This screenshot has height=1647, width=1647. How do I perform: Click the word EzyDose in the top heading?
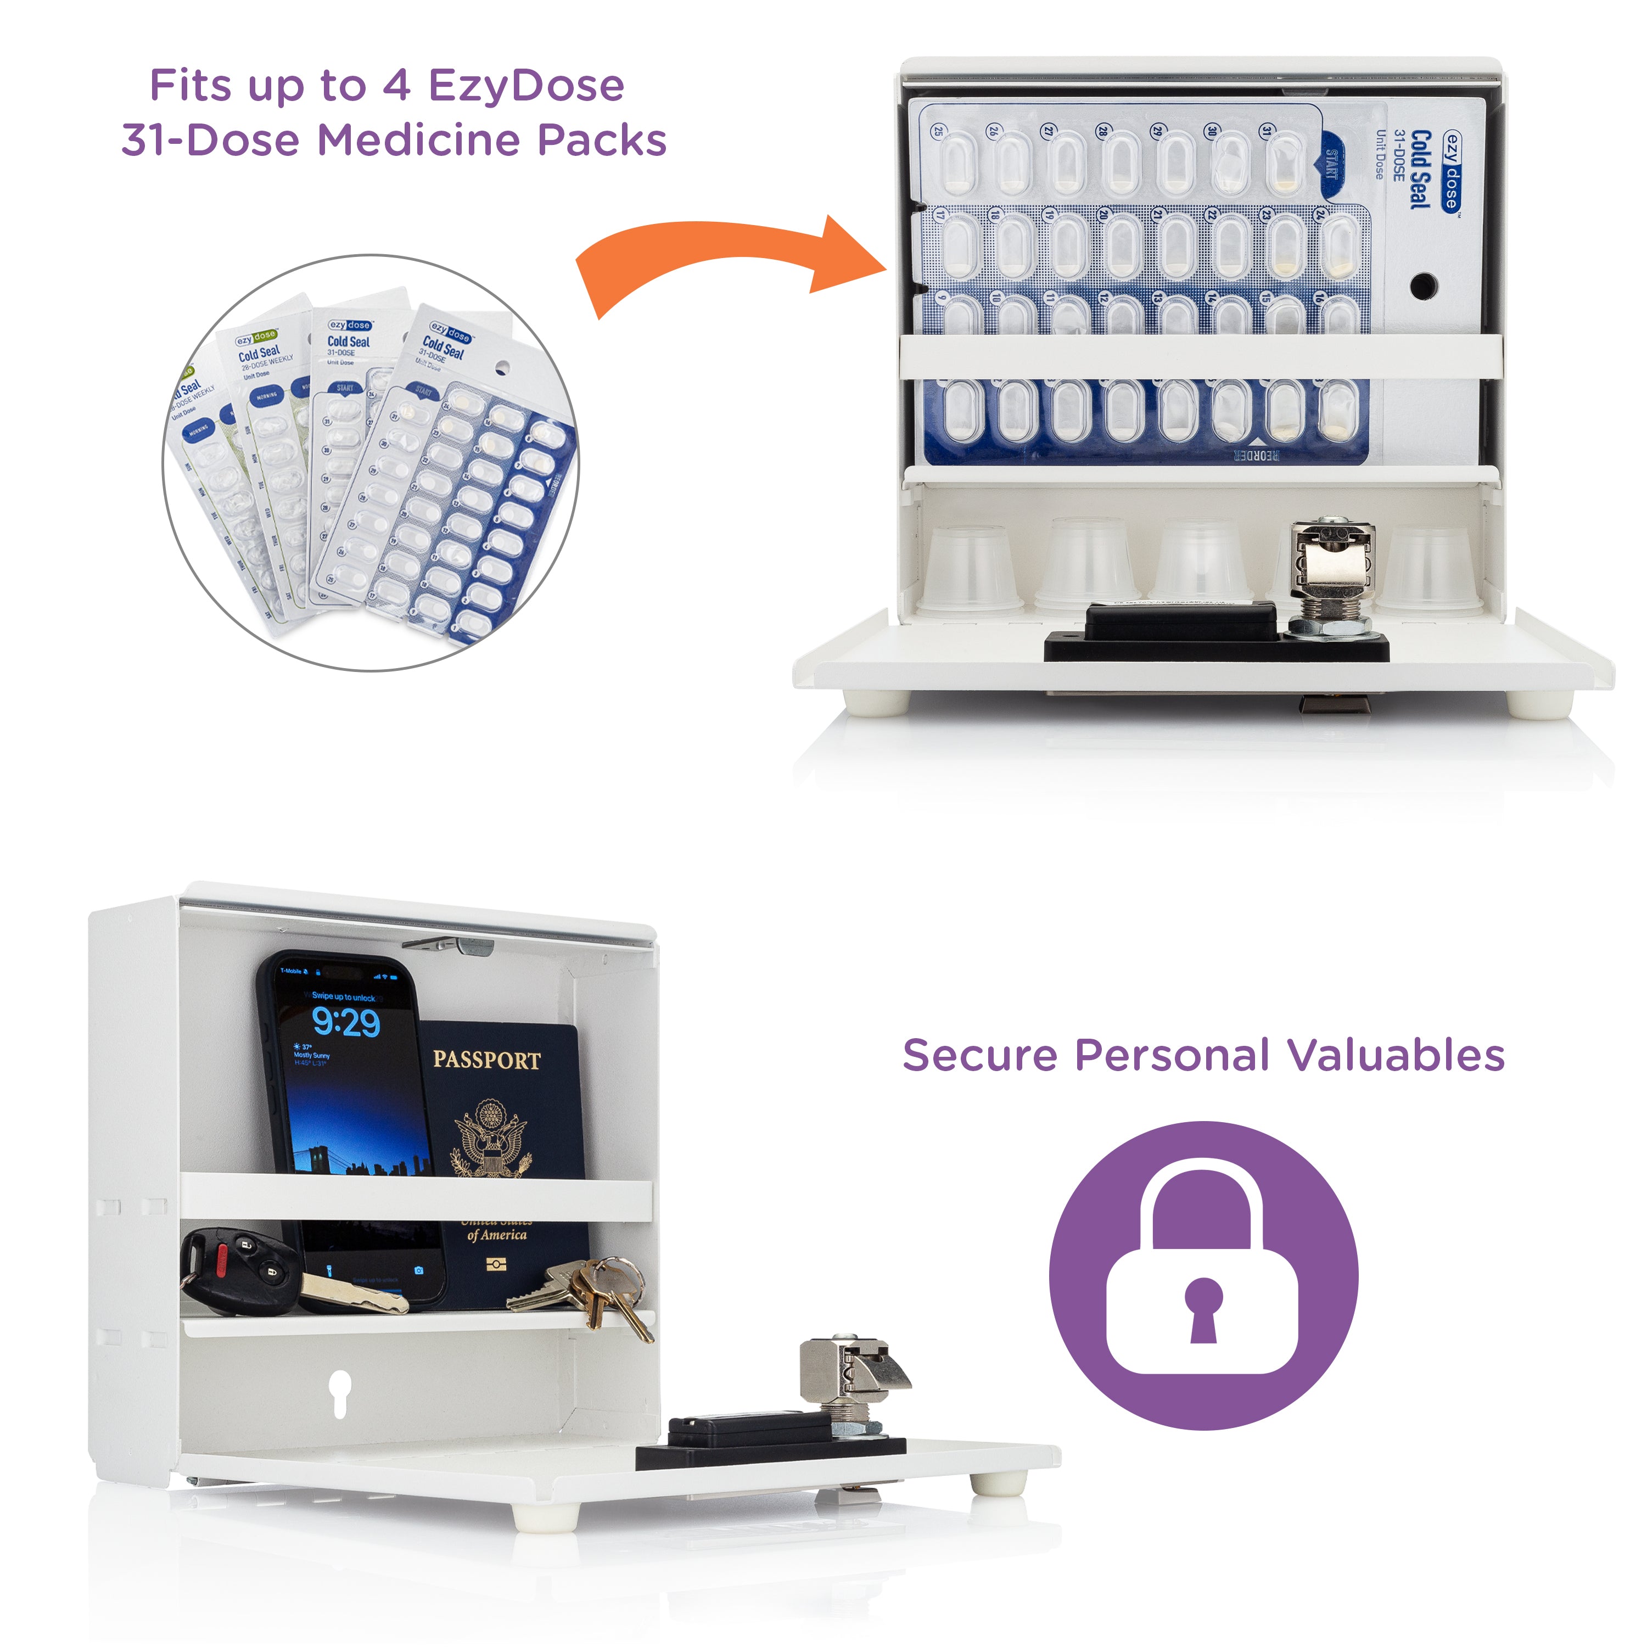tap(526, 85)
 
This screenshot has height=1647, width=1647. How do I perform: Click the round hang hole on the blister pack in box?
tap(1423, 285)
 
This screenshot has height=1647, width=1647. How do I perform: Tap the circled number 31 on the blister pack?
tap(1267, 131)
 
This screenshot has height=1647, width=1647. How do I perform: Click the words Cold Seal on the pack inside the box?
tap(1419, 169)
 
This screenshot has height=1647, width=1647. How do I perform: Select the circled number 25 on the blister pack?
tap(938, 131)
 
